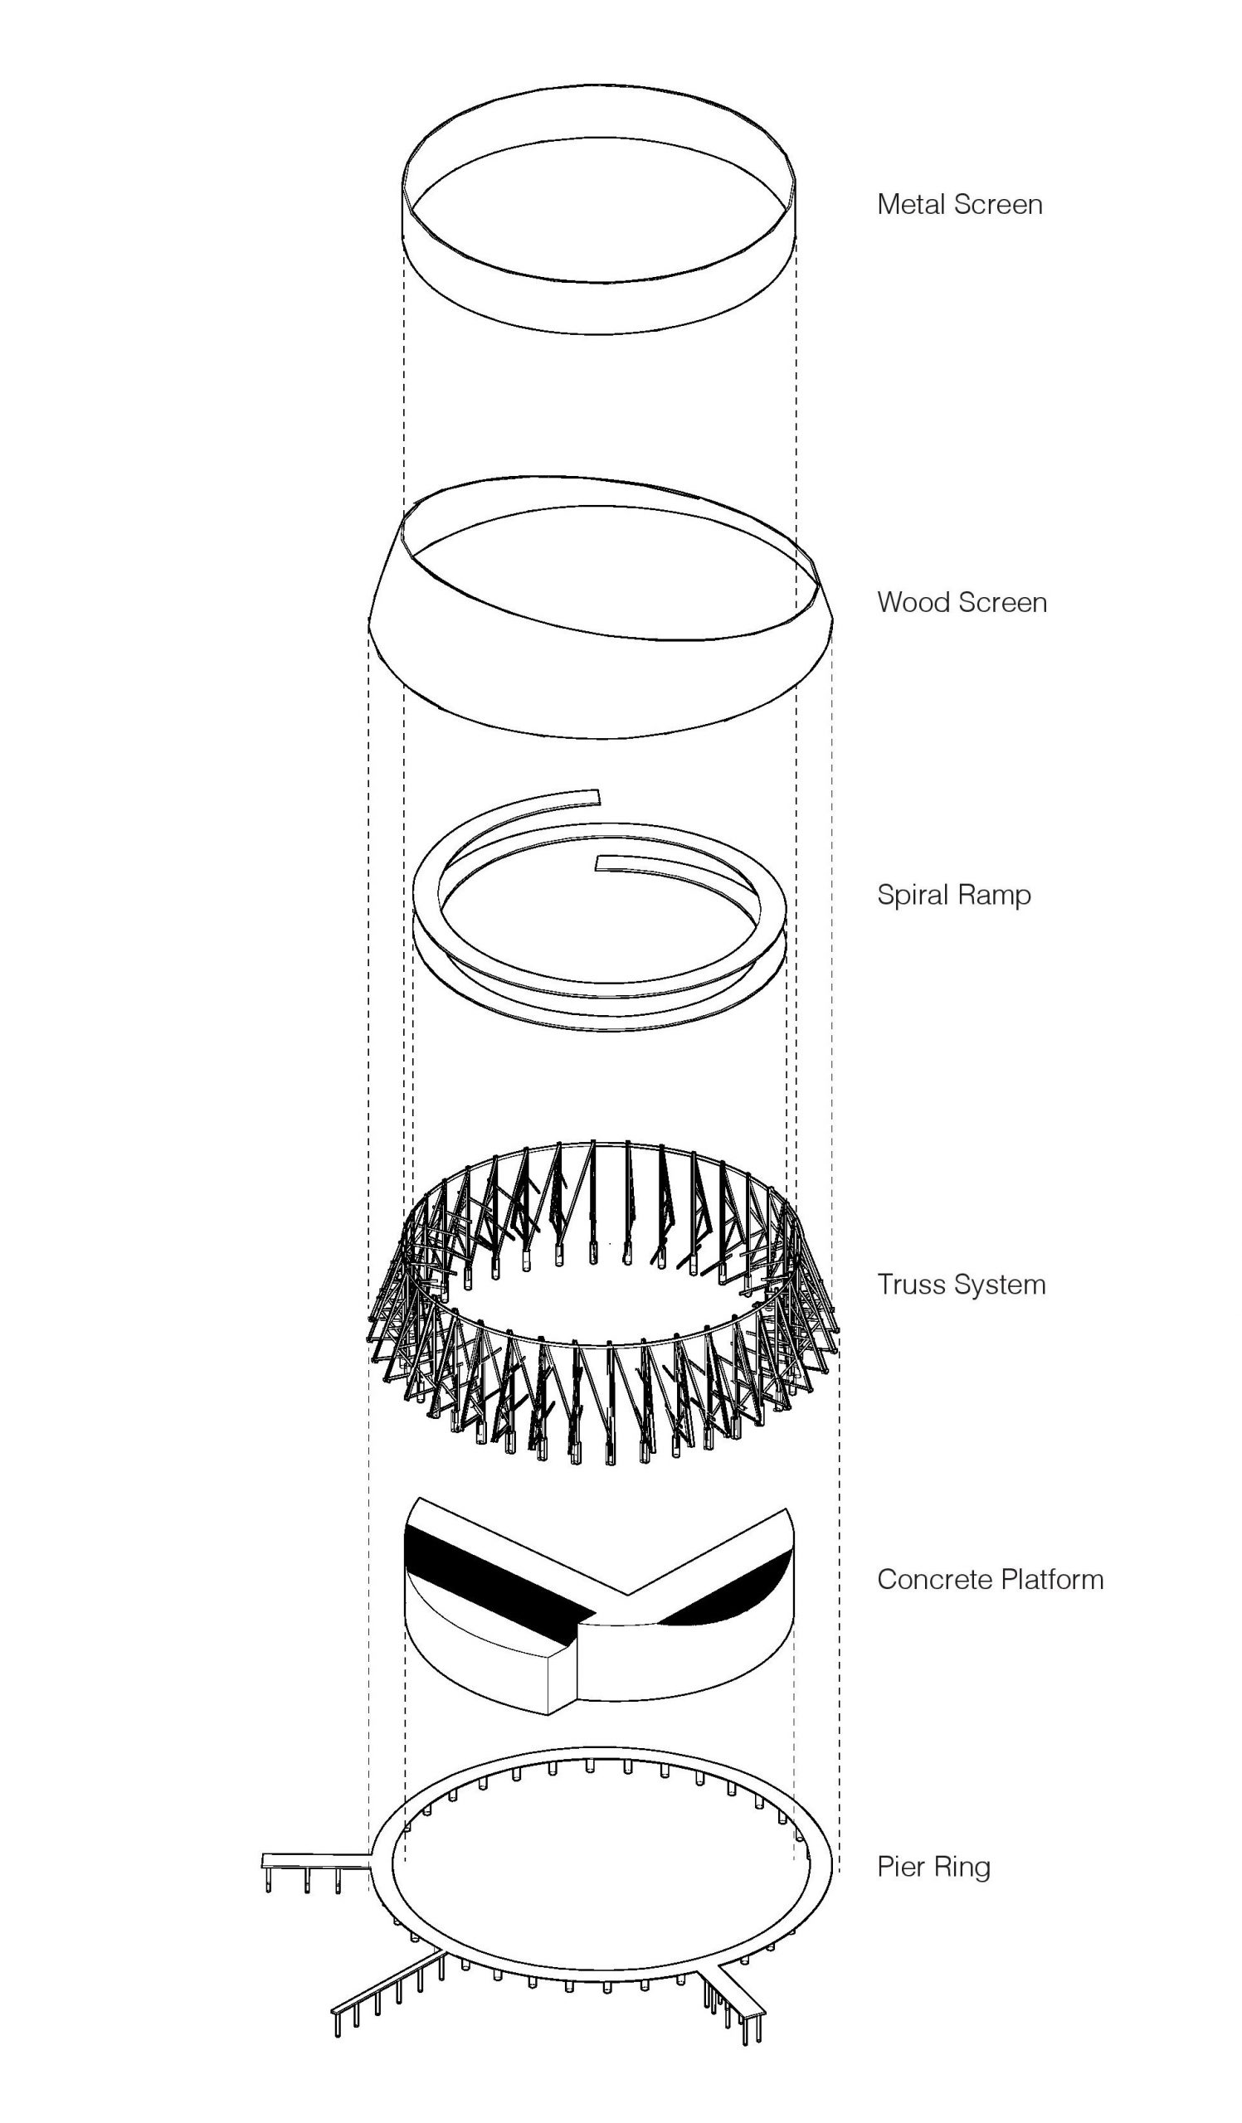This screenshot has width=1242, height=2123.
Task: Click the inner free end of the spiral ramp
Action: pos(600,862)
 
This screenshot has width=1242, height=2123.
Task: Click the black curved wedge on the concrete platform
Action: pos(742,1586)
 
